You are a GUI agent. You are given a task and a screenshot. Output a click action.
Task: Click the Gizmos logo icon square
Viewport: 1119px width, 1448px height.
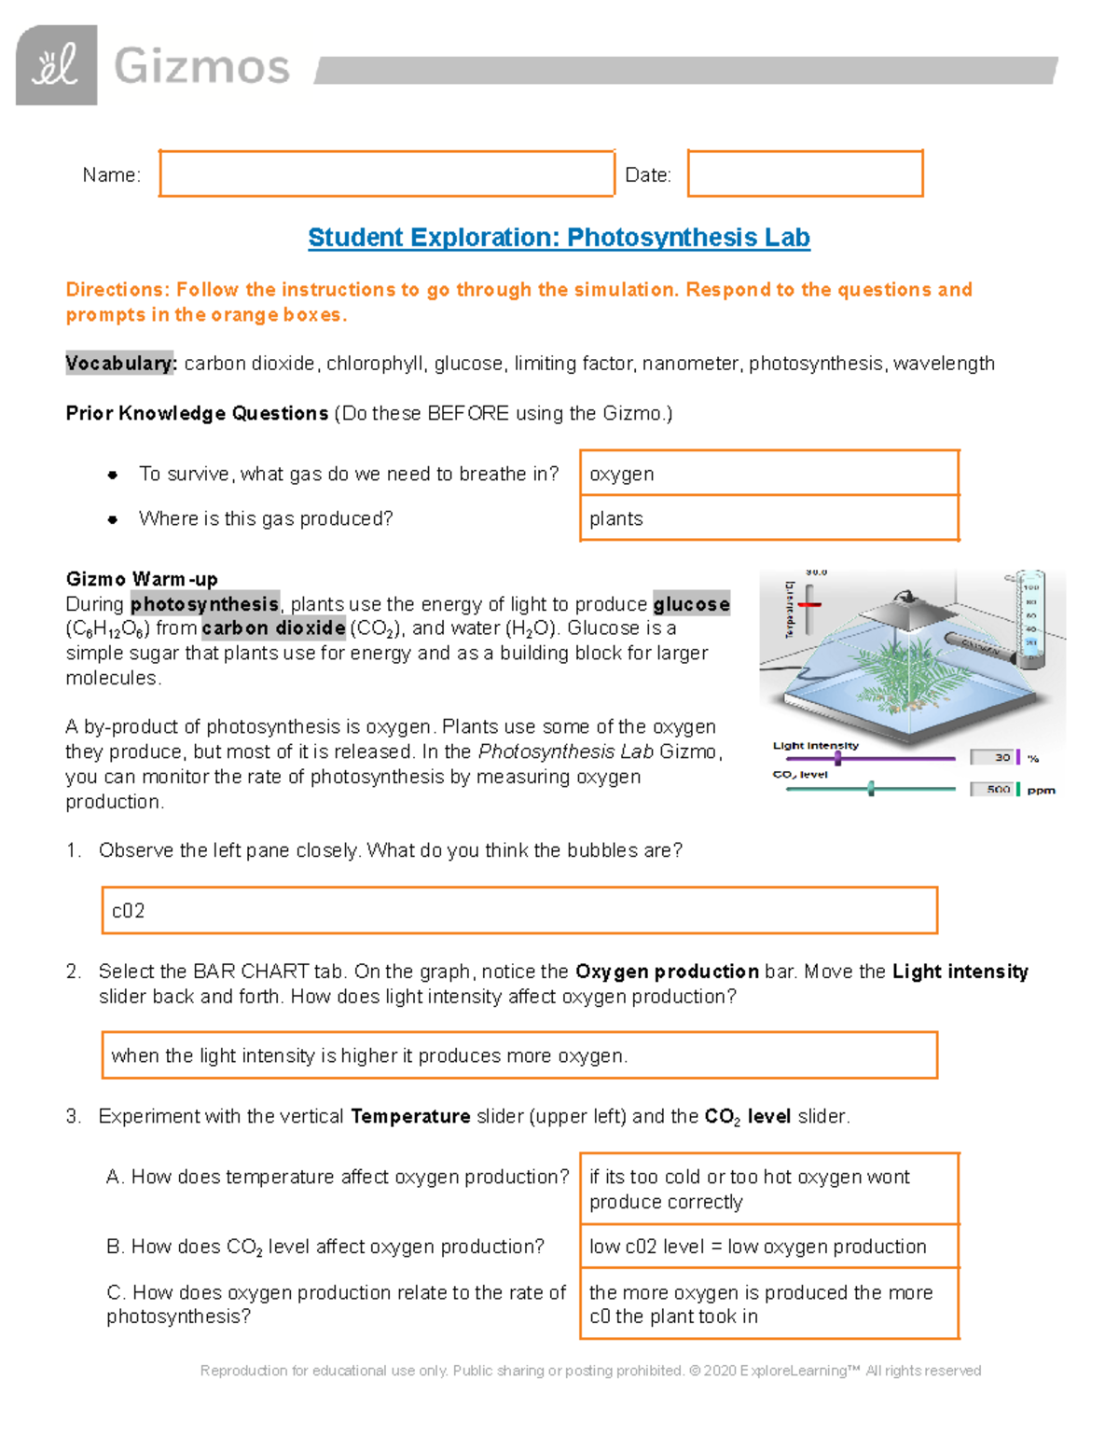pos(56,65)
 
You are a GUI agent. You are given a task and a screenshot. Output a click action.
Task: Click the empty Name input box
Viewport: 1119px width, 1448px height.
pos(386,173)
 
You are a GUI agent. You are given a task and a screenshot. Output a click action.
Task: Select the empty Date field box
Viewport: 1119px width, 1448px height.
pos(805,173)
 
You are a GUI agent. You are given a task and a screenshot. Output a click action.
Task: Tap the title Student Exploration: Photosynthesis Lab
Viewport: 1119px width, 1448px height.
pos(559,238)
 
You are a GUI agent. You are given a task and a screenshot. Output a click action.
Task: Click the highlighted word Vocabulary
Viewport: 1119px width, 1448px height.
pos(120,363)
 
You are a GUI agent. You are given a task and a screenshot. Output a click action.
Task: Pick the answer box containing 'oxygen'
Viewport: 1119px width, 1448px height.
pos(768,474)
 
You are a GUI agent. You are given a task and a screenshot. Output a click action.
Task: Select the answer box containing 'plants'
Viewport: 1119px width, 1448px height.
pos(768,518)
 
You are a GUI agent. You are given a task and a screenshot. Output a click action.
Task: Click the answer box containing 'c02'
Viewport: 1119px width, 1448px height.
pos(518,910)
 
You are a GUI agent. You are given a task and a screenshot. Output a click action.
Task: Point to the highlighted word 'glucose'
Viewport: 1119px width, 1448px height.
pos(691,604)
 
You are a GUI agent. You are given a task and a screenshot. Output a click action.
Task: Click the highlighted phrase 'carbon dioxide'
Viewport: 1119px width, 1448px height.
pos(273,628)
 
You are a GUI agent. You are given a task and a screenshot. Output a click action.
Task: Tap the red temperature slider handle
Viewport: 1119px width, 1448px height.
pos(809,604)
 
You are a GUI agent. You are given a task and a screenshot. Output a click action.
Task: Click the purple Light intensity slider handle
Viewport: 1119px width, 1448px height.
pos(838,758)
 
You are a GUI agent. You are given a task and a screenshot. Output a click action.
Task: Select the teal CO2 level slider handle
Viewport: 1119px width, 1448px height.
pos(871,789)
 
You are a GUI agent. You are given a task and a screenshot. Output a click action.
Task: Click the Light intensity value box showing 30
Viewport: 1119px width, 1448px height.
pos(992,757)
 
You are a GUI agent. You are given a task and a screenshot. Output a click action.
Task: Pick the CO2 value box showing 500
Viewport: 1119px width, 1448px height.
pos(992,789)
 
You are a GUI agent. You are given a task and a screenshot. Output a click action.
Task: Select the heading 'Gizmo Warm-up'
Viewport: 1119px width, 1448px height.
pos(142,579)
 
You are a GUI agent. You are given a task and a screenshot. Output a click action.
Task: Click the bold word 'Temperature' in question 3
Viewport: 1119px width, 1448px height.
pos(410,1116)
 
